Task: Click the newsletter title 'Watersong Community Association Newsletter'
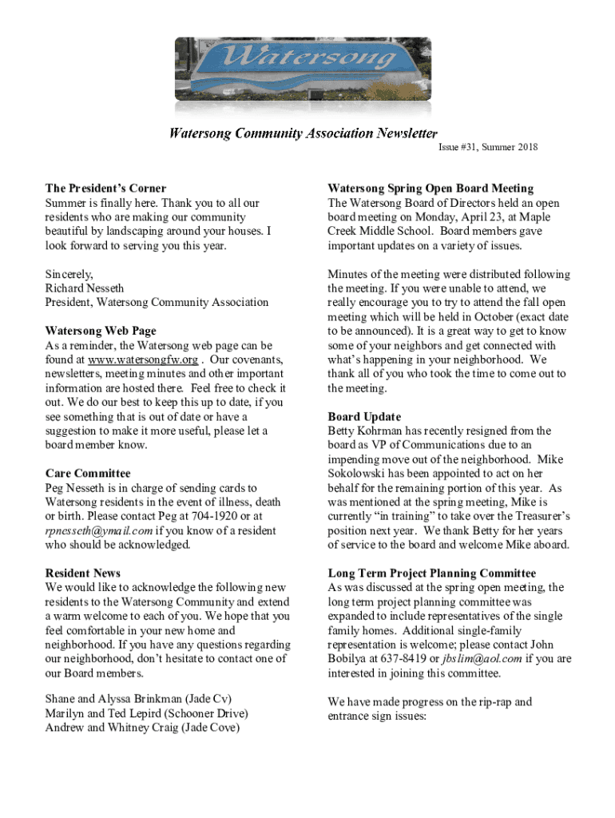click(x=304, y=133)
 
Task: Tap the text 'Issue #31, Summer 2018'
click(x=487, y=147)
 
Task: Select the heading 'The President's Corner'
click(x=106, y=189)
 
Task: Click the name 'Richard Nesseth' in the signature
click(x=85, y=288)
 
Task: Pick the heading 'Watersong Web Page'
click(x=101, y=331)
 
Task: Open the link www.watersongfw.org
click(x=143, y=359)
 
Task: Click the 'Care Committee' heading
click(x=88, y=474)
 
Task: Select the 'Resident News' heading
click(x=83, y=574)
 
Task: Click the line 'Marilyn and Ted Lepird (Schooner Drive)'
click(x=146, y=713)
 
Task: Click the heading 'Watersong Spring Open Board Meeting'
click(x=430, y=189)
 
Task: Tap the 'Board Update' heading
click(x=364, y=417)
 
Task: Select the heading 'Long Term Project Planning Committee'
click(x=431, y=574)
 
